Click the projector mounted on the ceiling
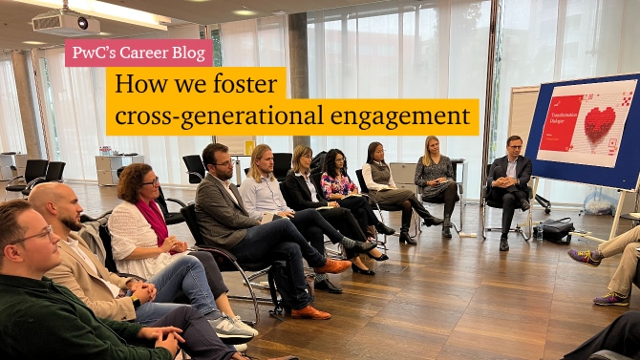66,23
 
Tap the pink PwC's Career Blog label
139,53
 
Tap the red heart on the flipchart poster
600,124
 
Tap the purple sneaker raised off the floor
584,257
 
